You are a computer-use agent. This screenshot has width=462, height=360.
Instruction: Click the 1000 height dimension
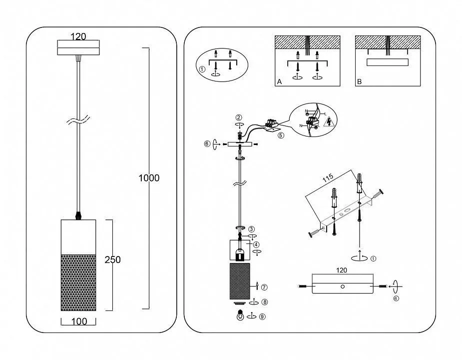tap(149, 178)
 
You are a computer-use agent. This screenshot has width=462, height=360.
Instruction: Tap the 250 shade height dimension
tap(113, 259)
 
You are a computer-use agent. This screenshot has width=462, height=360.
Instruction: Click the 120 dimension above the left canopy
tap(78, 36)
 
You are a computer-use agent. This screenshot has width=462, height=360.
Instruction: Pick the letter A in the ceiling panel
tap(280, 82)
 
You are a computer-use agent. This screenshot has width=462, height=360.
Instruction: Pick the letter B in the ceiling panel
tap(359, 82)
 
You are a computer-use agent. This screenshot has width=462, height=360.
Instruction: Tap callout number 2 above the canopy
tap(239, 117)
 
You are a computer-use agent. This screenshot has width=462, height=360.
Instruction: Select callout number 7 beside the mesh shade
tap(265, 287)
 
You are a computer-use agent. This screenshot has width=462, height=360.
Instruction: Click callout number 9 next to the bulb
tap(262, 316)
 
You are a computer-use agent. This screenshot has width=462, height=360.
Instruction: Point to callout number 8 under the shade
tap(264, 302)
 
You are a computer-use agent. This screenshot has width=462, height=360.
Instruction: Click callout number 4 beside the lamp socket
tap(256, 245)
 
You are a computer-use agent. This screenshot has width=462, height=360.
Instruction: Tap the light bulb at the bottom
tap(241, 316)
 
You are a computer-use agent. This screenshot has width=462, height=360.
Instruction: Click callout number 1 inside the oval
tap(202, 69)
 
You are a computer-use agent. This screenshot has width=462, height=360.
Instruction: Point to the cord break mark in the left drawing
tap(78, 120)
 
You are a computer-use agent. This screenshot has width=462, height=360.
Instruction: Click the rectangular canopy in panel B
tap(388, 62)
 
